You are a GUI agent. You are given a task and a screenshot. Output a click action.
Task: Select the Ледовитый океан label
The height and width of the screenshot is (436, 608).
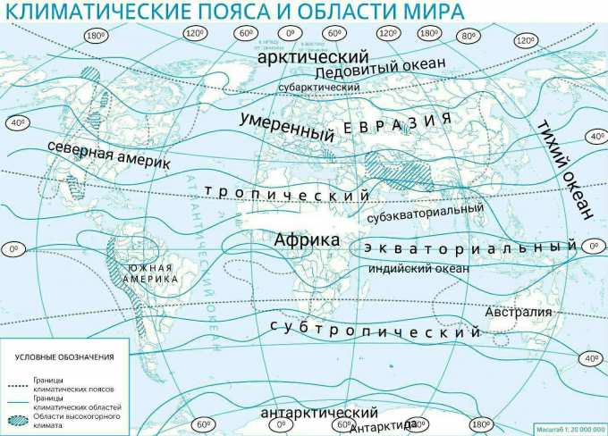pyautogui.click(x=379, y=71)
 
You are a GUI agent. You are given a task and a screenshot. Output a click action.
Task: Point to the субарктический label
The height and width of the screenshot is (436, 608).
pyautogui.click(x=318, y=88)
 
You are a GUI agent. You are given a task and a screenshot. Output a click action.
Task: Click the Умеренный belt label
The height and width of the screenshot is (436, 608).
pyautogui.click(x=287, y=126)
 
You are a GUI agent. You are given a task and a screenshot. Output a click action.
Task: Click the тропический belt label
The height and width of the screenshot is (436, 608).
pyautogui.click(x=287, y=194)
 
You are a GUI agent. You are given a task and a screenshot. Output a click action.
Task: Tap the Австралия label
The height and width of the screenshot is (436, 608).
pyautogui.click(x=519, y=314)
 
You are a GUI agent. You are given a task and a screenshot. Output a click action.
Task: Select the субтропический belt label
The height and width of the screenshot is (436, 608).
pyautogui.click(x=376, y=330)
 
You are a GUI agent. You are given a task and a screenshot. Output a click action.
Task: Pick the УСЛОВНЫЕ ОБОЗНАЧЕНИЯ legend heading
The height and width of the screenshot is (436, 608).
pyautogui.click(x=64, y=357)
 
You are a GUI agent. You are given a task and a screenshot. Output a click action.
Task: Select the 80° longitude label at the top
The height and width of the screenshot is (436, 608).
pyautogui.click(x=467, y=36)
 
